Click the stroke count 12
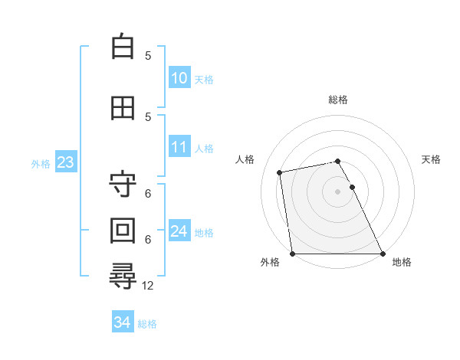149,285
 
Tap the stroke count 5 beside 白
148,55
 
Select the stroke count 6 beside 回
148,239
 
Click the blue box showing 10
179,78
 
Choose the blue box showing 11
179,147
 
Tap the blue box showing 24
179,231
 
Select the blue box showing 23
65,162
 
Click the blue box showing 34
122,322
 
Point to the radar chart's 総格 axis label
338,100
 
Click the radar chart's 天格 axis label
431,159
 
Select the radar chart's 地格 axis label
402,262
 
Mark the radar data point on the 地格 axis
383,254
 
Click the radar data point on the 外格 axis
292,254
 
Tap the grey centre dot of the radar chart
337,191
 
